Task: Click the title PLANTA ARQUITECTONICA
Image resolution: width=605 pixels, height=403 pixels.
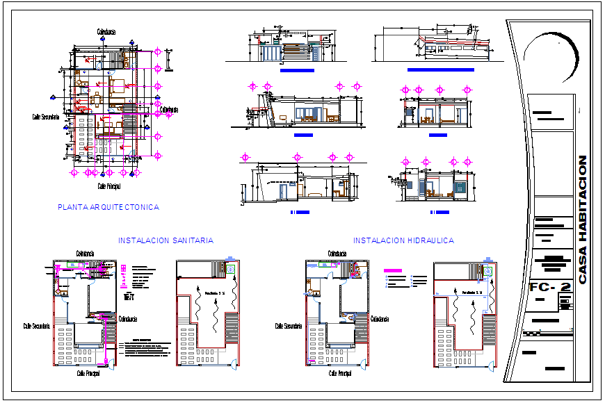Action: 108,207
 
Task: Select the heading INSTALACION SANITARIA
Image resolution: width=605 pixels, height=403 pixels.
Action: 166,240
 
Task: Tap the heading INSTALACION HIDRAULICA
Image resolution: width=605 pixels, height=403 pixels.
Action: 403,240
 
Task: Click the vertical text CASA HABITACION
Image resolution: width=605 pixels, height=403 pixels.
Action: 583,219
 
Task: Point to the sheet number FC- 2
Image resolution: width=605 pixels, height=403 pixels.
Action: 549,286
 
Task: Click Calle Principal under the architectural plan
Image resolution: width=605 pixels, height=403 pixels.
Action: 109,186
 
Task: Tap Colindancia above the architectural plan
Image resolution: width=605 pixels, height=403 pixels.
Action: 106,32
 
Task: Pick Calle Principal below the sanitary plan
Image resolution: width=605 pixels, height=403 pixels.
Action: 89,373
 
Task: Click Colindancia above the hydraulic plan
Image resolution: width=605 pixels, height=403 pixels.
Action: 337,254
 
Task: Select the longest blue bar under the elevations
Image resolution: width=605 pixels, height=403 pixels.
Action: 440,70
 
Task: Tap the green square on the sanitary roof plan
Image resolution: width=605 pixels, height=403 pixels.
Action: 230,268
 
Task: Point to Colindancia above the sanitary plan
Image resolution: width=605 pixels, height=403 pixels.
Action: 85,254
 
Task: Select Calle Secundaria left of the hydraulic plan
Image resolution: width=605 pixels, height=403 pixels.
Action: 288,325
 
